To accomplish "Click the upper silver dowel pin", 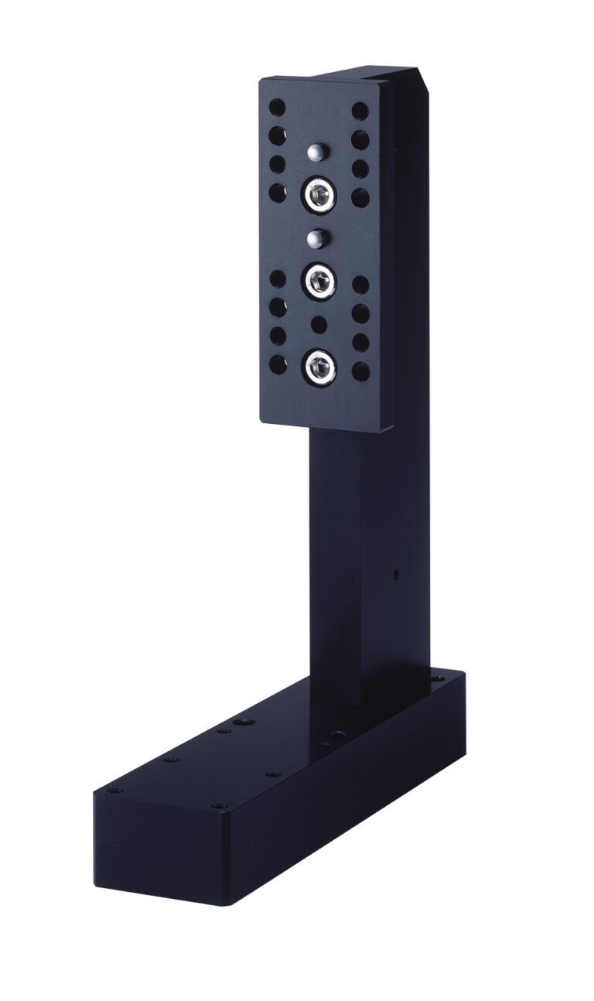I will pyautogui.click(x=313, y=153).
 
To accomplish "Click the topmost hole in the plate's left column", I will pyautogui.click(x=277, y=108).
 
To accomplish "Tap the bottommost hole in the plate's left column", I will pyautogui.click(x=277, y=362).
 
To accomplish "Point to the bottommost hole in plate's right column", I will pyautogui.click(x=360, y=370).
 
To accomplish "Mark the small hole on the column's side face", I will pyautogui.click(x=395, y=575).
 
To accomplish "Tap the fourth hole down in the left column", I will pyautogui.click(x=277, y=190).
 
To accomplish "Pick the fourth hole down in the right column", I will pyautogui.click(x=360, y=196).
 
